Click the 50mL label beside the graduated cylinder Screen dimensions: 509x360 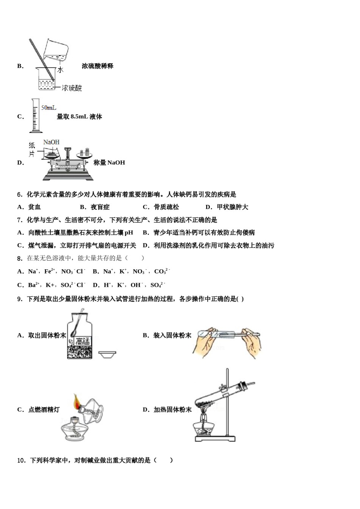(49, 108)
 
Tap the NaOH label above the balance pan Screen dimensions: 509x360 (51, 142)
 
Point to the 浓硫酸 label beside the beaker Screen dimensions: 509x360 (72, 88)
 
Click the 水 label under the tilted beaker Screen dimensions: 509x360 (60, 70)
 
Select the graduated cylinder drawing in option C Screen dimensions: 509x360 (35, 116)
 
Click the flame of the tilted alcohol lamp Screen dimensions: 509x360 (77, 401)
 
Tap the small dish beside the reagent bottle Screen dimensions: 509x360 (107, 354)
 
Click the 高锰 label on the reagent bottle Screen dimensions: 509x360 (82, 341)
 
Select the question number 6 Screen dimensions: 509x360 (20, 195)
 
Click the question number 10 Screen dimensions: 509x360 (21, 461)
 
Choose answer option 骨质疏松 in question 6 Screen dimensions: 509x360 (166, 207)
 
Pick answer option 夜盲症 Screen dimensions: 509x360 (100, 207)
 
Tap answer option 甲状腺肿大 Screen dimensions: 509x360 (232, 207)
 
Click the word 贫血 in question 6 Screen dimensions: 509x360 (34, 207)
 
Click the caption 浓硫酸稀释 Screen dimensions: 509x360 (97, 66)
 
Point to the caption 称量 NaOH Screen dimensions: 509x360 (109, 162)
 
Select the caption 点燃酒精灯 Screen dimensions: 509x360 (44, 409)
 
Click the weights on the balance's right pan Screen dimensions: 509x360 (85, 152)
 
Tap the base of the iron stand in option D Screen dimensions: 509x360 (215, 439)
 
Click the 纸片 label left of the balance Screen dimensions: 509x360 (32, 150)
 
